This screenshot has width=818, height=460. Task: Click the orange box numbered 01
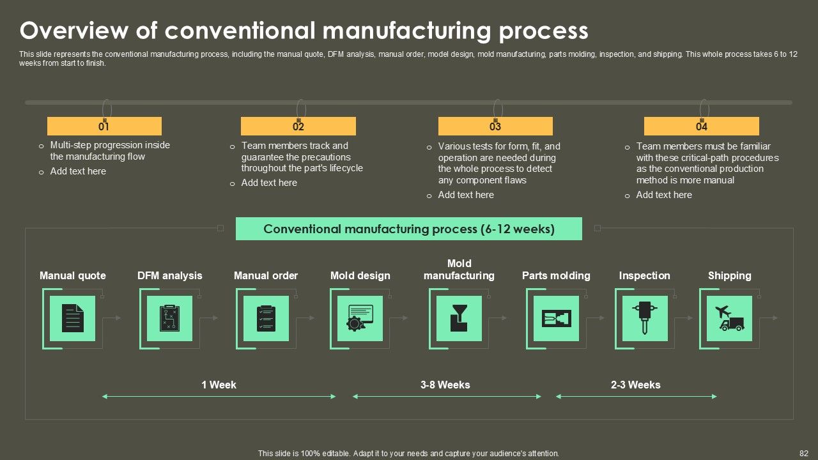104,126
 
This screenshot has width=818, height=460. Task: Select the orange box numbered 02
298,126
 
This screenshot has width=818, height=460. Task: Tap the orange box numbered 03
495,126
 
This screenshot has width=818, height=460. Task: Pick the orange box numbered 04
701,126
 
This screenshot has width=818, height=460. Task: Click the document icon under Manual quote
72,318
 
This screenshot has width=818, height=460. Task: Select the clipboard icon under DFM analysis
169,318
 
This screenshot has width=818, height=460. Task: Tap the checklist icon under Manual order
266,318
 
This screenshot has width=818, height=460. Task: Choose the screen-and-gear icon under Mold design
360,318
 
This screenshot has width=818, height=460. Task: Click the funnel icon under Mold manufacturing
459,318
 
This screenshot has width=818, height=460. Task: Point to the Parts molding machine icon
556,318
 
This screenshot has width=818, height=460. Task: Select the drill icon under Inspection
645,318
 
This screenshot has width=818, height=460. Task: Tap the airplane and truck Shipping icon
729,318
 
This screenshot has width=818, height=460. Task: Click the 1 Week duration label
219,385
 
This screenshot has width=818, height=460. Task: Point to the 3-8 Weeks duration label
445,385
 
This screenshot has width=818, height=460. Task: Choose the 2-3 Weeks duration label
635,385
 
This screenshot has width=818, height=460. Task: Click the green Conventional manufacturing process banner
409,229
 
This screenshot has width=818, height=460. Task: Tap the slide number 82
804,453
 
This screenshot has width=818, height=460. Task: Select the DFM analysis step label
169,275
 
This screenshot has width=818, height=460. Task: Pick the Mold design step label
360,275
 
